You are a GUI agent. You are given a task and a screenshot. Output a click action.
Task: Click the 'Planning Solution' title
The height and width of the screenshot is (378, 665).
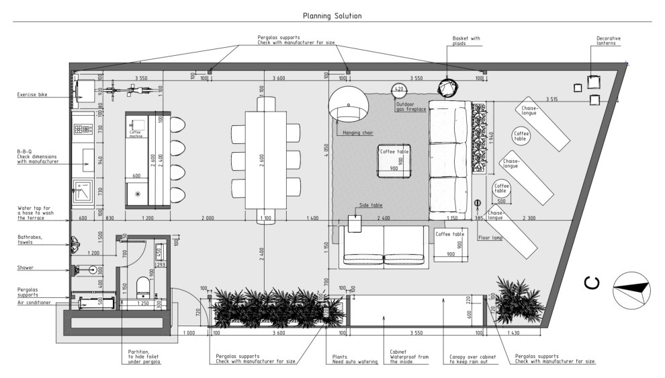tap(332, 15)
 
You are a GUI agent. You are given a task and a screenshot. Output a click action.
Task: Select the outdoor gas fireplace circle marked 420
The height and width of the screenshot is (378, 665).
tap(399, 89)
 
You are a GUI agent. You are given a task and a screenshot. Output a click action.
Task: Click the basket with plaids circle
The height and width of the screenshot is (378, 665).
tap(447, 87)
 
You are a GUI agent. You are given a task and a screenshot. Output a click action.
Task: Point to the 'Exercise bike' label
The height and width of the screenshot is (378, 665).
tap(35, 96)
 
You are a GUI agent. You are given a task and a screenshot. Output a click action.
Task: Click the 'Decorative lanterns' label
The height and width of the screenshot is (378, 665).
tap(609, 42)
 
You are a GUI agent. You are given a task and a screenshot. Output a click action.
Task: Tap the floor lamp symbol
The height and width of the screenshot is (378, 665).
tap(478, 202)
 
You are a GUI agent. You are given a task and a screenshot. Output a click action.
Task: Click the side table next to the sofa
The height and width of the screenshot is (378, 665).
tap(355, 223)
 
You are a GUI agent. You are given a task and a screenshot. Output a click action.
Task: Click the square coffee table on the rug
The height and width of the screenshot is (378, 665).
tap(394, 159)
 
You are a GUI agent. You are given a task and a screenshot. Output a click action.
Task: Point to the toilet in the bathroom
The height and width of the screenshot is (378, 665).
tap(142, 288)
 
